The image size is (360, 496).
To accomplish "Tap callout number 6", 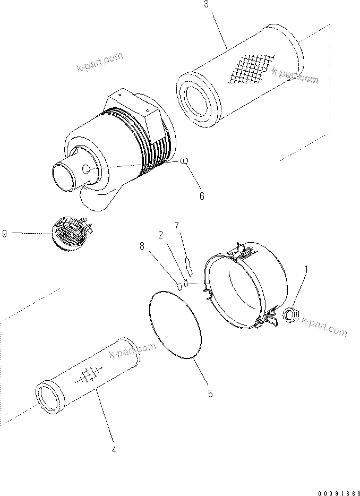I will point(202,195).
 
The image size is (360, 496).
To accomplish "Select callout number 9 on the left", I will point(5,233).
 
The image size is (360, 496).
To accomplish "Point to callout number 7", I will point(176,226).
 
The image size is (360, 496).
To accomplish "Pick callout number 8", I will point(142,246).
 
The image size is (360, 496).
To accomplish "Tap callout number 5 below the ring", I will point(210,394).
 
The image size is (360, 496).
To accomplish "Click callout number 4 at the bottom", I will point(114,450).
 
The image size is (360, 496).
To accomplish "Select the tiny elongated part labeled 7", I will point(188,264).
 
